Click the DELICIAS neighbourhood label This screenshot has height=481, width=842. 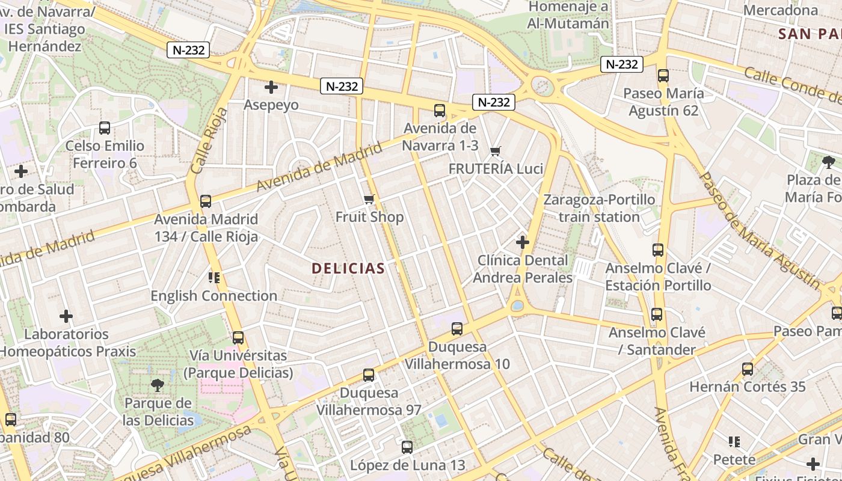point(348,268)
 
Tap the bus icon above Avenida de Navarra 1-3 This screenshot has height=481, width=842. point(440,111)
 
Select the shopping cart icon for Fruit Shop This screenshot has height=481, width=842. point(369,199)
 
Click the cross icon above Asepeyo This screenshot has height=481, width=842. point(271,87)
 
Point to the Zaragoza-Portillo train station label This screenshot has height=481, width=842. point(599,208)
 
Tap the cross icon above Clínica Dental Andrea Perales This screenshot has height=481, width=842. point(523,242)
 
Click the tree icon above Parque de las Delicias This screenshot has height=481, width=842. point(158,385)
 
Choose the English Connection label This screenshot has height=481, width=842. point(214,296)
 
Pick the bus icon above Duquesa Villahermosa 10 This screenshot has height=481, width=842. point(457,329)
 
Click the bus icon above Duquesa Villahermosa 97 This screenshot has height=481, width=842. point(369,375)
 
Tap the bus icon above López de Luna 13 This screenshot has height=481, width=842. point(407,447)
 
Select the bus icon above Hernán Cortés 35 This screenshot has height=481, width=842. point(748,369)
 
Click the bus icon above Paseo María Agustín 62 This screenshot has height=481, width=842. point(663,76)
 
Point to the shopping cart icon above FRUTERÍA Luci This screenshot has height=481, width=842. point(496,151)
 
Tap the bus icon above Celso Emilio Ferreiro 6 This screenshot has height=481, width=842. point(105,128)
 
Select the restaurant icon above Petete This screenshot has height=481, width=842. point(734,443)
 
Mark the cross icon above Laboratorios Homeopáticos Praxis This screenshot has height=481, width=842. point(66,316)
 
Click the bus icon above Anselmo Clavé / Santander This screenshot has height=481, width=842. point(657,314)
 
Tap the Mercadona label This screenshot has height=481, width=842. point(781,10)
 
